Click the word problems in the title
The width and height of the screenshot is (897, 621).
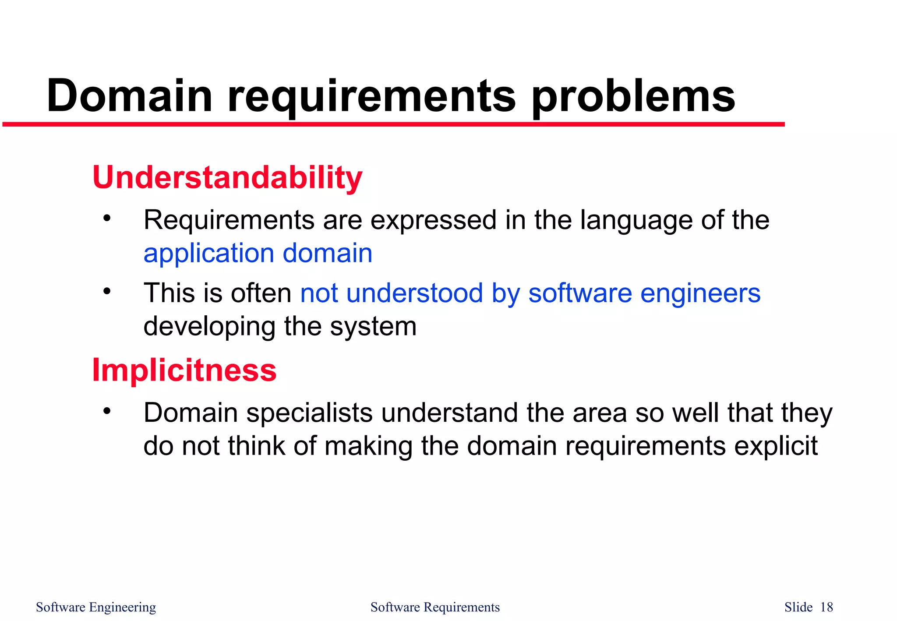tap(633, 97)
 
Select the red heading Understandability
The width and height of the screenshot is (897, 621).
tap(227, 177)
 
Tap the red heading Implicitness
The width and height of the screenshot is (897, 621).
tap(184, 370)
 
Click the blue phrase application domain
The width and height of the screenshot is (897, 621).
tap(258, 254)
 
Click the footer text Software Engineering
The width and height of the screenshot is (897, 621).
tap(96, 607)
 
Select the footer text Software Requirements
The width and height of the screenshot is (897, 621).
tap(435, 607)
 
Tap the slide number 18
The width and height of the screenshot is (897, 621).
tap(826, 607)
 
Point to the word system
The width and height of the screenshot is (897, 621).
tap(373, 326)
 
